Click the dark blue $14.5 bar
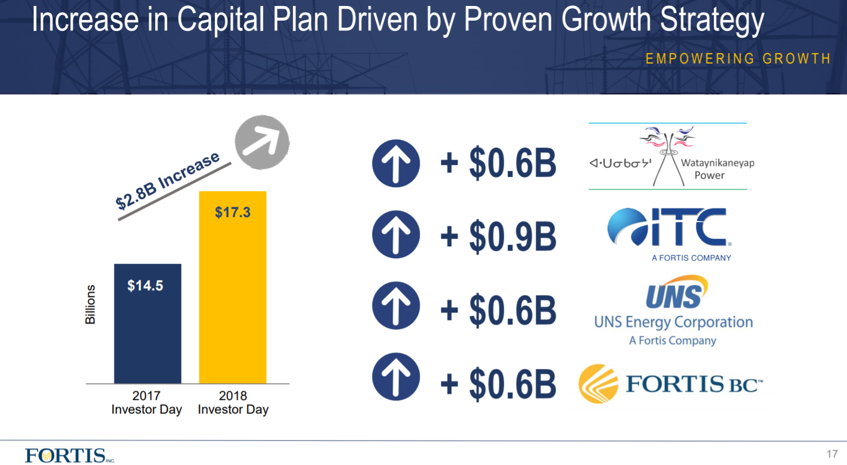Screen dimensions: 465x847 coord(147,323)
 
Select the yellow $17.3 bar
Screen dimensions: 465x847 coord(233,287)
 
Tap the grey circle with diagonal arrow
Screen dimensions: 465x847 coord(262,142)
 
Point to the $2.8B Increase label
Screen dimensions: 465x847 coord(168,181)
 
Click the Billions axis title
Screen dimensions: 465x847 coord(91,304)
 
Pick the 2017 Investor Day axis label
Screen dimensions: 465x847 coord(146,403)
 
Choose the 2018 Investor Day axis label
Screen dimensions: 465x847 coord(233,403)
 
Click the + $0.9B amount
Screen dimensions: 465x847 coord(498,237)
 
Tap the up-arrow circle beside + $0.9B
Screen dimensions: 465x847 coord(396,234)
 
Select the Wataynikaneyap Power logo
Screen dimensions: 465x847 coord(671,156)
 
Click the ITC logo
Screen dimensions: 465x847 coord(670,233)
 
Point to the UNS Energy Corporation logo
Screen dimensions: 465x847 coord(673,310)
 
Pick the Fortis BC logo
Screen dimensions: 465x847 coord(671,384)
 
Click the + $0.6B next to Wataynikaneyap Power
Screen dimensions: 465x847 coord(498,163)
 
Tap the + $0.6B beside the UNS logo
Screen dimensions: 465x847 coord(498,310)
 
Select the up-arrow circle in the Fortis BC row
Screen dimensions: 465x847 coord(396,377)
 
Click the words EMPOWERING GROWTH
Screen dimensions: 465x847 coord(737,59)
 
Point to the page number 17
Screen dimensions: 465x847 coord(832,454)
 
